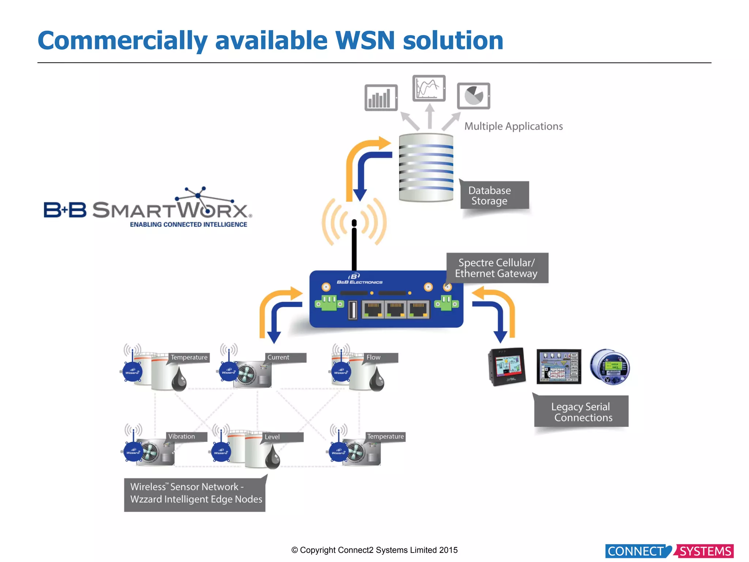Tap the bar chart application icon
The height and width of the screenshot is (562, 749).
(x=381, y=98)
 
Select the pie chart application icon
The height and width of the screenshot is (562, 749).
(x=473, y=96)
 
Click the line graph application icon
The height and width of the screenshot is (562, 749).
(x=429, y=88)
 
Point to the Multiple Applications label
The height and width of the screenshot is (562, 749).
(x=513, y=126)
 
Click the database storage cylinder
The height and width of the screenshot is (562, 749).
(x=426, y=168)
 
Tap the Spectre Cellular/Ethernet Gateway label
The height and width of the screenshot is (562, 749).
(x=497, y=268)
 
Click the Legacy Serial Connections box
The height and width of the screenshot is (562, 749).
(x=581, y=412)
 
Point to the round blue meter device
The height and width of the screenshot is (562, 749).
(x=610, y=367)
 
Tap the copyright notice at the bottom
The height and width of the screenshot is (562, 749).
(x=374, y=550)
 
